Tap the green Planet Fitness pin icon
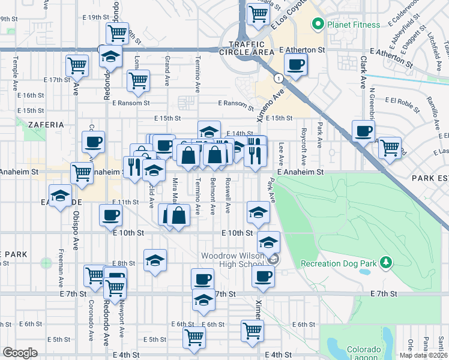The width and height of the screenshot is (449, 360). (x=318, y=25)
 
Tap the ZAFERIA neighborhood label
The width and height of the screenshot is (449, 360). (x=45, y=124)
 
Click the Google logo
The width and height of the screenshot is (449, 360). (x=20, y=353)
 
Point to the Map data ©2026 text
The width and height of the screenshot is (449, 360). (x=423, y=355)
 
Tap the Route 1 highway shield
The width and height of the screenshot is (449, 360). (x=279, y=78)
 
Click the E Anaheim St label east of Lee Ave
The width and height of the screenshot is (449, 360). (x=301, y=172)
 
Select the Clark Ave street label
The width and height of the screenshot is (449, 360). (x=363, y=73)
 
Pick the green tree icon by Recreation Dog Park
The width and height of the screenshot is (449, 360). (x=387, y=263)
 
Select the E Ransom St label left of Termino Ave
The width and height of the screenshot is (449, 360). (x=130, y=103)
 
